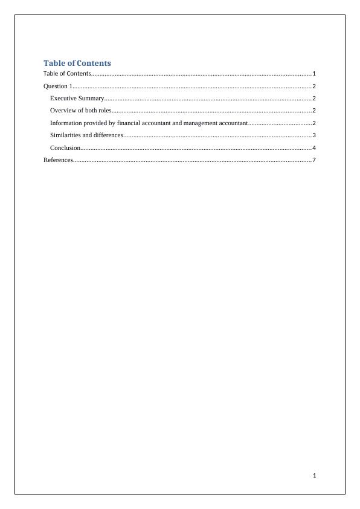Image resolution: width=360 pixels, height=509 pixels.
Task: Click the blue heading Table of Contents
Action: point(77,63)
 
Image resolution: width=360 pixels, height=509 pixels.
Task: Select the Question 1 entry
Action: point(57,86)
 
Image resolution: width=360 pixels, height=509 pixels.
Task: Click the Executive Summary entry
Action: point(77,98)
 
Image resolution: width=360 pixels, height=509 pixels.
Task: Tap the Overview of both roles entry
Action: point(80,111)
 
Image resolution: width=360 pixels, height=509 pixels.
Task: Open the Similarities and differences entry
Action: point(86,135)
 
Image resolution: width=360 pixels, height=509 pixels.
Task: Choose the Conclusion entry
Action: point(65,148)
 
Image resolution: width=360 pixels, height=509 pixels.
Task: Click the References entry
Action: point(58,160)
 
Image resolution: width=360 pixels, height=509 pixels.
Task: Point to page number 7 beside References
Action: point(314,160)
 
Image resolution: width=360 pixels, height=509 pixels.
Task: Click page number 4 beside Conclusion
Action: point(314,148)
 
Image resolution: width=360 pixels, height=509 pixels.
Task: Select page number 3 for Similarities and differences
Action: point(314,135)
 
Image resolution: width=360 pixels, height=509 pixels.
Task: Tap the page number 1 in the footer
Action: point(314,476)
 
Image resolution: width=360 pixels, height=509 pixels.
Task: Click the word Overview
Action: point(62,111)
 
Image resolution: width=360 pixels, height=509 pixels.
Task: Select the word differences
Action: point(108,135)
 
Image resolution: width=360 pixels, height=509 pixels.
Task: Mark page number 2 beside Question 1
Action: point(314,86)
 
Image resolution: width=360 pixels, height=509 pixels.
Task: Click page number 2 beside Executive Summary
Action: point(314,99)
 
